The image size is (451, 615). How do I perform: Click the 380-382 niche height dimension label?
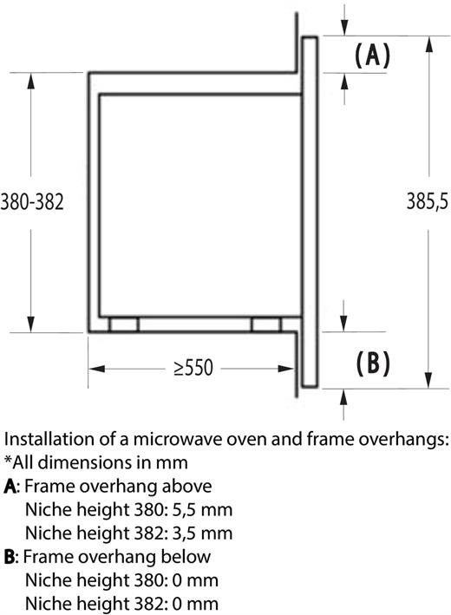coord(32,203)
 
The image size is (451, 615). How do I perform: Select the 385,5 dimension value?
coord(427,201)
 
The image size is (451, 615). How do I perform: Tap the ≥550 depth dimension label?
coord(193,368)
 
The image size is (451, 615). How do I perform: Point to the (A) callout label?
coord(373,55)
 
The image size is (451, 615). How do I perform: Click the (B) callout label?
coord(373,363)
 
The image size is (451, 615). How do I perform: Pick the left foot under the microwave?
coord(124,324)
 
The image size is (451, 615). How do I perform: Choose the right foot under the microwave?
coord(266,324)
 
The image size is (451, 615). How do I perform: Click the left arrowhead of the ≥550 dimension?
coord(96,369)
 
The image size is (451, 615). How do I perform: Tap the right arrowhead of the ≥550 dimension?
coord(286,369)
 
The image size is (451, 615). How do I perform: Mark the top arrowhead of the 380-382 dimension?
coord(31,81)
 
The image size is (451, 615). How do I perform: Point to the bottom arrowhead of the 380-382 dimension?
coord(31,324)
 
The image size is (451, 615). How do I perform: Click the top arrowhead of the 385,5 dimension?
coord(429,44)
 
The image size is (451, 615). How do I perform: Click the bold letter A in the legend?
coord(10,487)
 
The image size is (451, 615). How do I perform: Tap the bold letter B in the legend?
coord(10,558)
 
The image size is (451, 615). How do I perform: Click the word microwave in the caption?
coord(177,440)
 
